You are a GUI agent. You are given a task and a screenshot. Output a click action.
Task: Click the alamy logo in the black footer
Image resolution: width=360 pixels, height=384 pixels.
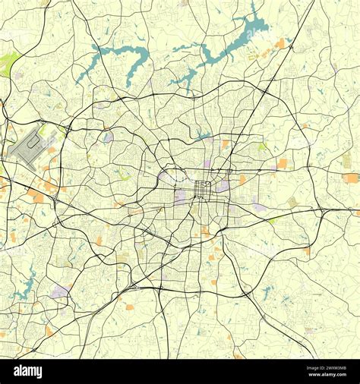(x=28, y=371)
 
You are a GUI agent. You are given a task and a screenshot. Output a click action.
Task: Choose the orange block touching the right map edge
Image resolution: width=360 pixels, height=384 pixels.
(x=351, y=178)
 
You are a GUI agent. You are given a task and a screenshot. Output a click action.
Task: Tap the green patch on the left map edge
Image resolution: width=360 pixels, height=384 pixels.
(x=8, y=64)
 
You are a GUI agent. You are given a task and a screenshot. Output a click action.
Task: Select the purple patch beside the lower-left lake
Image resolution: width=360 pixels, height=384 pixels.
(x=58, y=291)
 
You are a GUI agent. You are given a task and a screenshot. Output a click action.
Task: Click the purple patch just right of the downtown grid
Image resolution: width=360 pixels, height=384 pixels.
(x=223, y=186)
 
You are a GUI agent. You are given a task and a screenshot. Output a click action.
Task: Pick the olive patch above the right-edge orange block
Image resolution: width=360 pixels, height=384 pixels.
(x=346, y=160)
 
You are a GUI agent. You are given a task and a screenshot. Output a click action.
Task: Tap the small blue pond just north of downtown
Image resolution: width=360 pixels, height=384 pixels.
(x=201, y=137)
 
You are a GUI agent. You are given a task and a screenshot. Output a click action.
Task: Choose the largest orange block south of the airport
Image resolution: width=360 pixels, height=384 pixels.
(x=36, y=197)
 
